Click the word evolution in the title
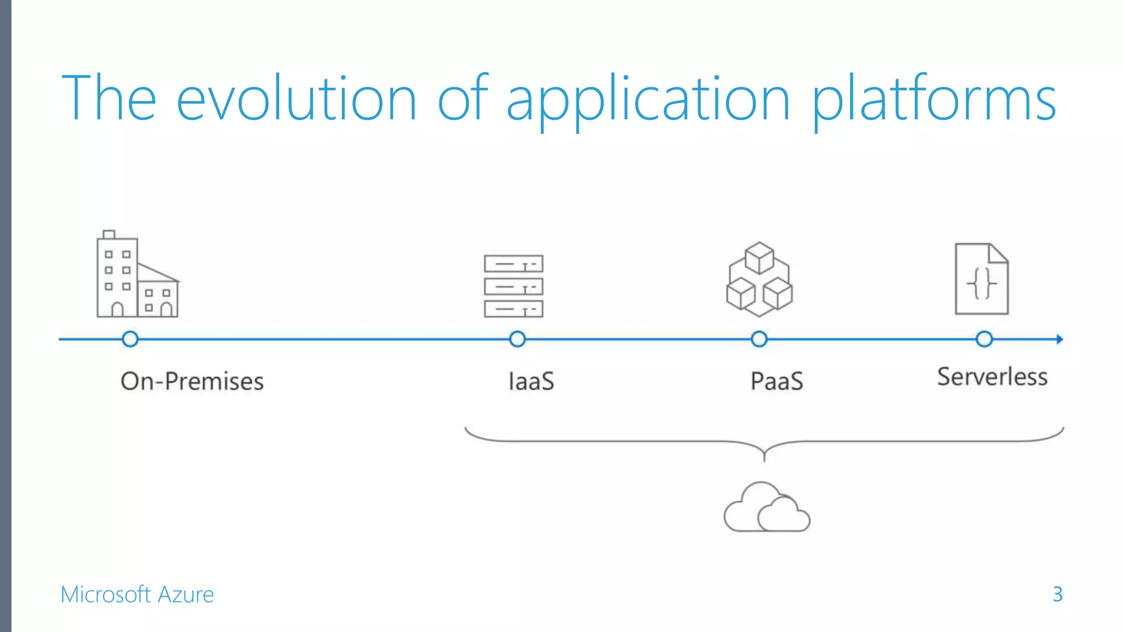(x=296, y=99)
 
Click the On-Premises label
(x=192, y=381)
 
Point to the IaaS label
(x=531, y=381)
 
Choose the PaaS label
(x=776, y=381)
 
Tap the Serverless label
(x=992, y=377)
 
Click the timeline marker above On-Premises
(x=130, y=339)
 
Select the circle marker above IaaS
(x=517, y=339)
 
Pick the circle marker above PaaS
(x=759, y=339)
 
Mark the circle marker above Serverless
(x=984, y=339)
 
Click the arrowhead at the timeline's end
(x=1059, y=339)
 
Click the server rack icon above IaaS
(x=513, y=286)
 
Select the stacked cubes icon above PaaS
(x=759, y=280)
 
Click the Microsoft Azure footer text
(x=137, y=595)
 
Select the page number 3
(x=1057, y=594)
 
